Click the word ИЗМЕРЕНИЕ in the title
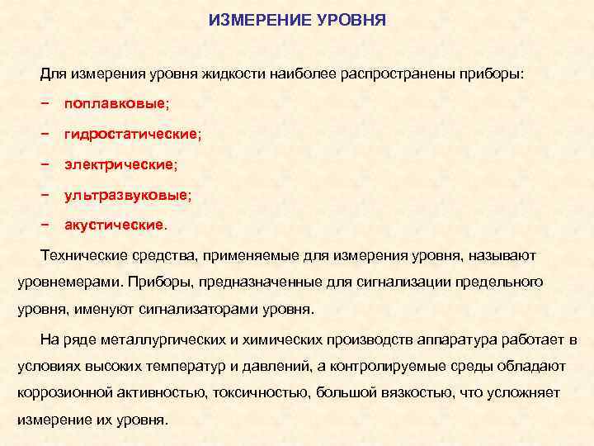(259, 19)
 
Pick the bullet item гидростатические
(132, 134)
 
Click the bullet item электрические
(120, 164)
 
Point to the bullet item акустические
(115, 225)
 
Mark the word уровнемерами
(69, 283)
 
